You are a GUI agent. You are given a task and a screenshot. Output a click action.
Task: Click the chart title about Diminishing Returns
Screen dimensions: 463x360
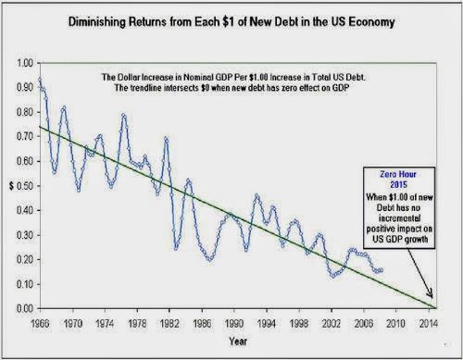pyautogui.click(x=231, y=22)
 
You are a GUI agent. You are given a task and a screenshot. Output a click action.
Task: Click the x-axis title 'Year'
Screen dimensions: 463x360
pyautogui.click(x=238, y=341)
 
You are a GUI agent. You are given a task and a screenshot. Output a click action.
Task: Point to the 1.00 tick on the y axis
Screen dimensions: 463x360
pyautogui.click(x=24, y=63)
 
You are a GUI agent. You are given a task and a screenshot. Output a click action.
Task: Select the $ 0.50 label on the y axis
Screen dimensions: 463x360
pyautogui.click(x=21, y=186)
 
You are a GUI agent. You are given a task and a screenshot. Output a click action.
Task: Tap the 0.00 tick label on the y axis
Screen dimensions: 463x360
pyautogui.click(x=24, y=308)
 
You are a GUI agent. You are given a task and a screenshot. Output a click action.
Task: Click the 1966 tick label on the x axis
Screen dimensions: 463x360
pyautogui.click(x=41, y=324)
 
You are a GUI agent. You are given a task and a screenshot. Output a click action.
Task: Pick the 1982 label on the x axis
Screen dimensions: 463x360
pyautogui.click(x=169, y=324)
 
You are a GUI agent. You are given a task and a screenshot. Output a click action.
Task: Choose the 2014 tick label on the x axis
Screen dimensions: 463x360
pyautogui.click(x=429, y=324)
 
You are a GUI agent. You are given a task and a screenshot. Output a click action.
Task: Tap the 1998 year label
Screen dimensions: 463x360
pyautogui.click(x=299, y=324)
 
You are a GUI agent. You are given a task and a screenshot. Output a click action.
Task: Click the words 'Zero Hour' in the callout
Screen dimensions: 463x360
pyautogui.click(x=398, y=174)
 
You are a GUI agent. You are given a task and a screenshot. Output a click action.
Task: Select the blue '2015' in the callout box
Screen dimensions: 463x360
pyautogui.click(x=399, y=185)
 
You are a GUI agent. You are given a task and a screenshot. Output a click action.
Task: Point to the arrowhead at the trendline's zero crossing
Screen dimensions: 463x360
pyautogui.click(x=431, y=294)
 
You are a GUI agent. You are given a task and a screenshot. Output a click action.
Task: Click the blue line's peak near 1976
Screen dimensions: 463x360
pyautogui.click(x=124, y=116)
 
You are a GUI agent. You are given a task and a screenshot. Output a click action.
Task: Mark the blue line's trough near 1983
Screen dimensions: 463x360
pyautogui.click(x=176, y=249)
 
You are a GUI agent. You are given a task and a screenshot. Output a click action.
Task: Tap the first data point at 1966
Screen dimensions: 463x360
pyautogui.click(x=40, y=80)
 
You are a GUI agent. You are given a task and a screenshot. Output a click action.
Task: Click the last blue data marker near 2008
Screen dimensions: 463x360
pyautogui.click(x=382, y=270)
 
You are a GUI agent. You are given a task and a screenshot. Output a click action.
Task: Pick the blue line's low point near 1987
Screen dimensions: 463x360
pyautogui.click(x=210, y=259)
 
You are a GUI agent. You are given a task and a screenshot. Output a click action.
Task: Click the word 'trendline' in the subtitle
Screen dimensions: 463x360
pyautogui.click(x=144, y=88)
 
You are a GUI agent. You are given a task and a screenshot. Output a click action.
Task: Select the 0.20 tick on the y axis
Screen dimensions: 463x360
pyautogui.click(x=24, y=259)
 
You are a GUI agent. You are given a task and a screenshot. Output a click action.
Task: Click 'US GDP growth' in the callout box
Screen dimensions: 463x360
pyautogui.click(x=400, y=240)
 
